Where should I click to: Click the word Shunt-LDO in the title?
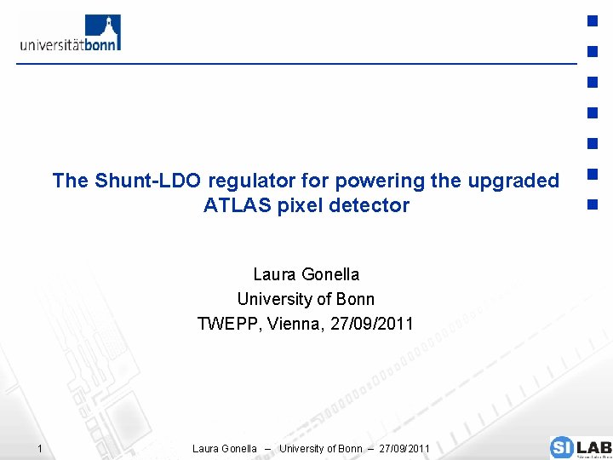click(147, 181)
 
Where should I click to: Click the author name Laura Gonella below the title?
click(306, 274)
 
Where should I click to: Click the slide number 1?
click(39, 449)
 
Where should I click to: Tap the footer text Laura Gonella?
click(225, 449)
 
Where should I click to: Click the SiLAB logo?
click(580, 447)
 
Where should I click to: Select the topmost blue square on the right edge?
click(593, 20)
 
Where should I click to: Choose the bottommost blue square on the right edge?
click(593, 205)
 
